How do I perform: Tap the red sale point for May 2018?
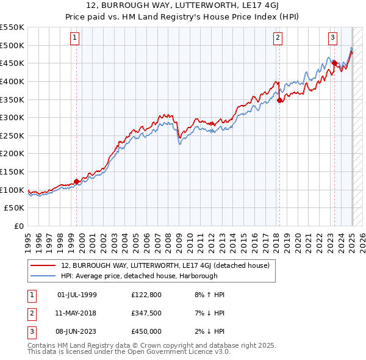pos(279,101)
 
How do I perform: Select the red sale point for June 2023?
pos(334,63)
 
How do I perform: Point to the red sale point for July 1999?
pos(76,181)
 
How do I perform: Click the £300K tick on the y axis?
pos(12,117)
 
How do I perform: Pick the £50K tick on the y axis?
pos(15,208)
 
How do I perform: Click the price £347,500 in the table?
pos(146,313)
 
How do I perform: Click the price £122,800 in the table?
pos(146,295)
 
